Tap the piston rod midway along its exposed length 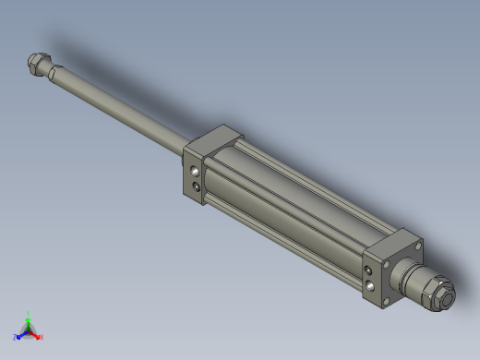pyautogui.click(x=115, y=109)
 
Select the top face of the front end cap pyautogui.click(x=213, y=138)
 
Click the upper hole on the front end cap pyautogui.click(x=194, y=171)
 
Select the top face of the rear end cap pyautogui.click(x=394, y=245)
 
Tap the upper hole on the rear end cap pyautogui.click(x=371, y=270)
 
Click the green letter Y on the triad pyautogui.click(x=29, y=314)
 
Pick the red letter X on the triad pyautogui.click(x=41, y=337)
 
